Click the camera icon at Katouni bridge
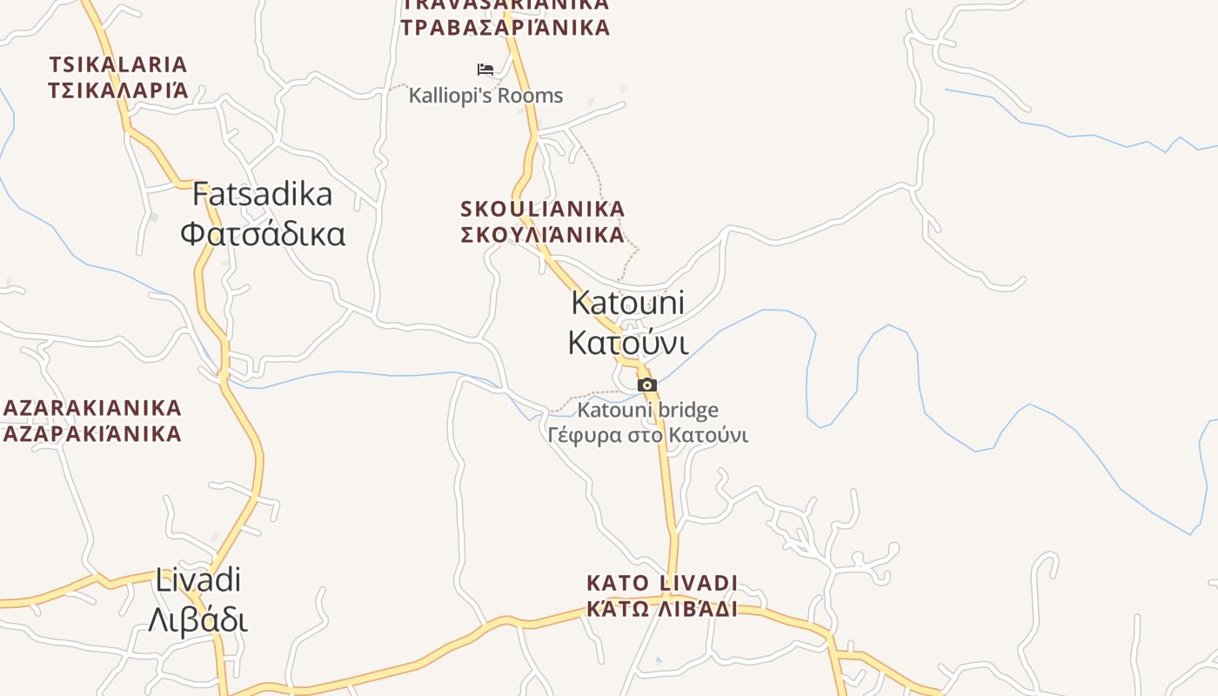(x=646, y=385)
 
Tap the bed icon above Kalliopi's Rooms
(x=485, y=70)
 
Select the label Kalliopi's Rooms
(x=485, y=96)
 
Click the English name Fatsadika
(x=262, y=194)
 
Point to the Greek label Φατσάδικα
(x=262, y=233)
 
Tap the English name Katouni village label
(x=627, y=303)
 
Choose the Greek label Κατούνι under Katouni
(x=627, y=342)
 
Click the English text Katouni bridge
(x=648, y=410)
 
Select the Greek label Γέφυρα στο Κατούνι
(x=648, y=434)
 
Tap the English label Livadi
(x=197, y=579)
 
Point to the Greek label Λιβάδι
(x=197, y=619)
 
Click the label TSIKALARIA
(x=118, y=64)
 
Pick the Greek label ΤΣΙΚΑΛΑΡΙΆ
(x=118, y=90)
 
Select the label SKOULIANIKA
(x=543, y=209)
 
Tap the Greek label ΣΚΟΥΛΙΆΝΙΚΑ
(x=543, y=234)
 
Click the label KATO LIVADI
(x=662, y=583)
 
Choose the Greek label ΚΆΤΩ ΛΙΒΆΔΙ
(x=662, y=607)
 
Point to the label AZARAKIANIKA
(x=92, y=408)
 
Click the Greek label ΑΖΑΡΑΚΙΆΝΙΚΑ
(x=92, y=433)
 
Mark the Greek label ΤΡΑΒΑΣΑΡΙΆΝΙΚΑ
(x=505, y=27)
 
